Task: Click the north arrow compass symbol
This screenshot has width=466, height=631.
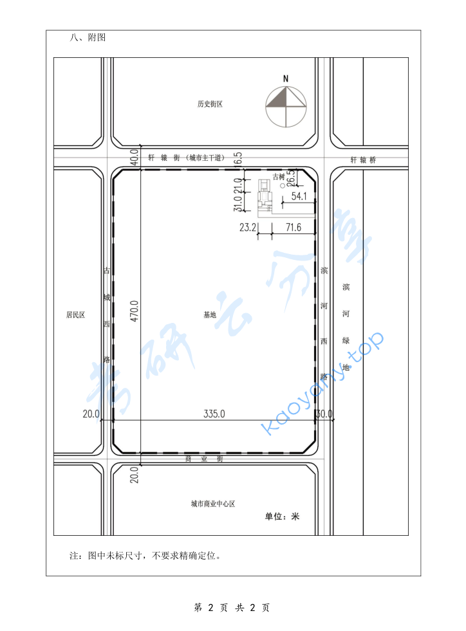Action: (x=286, y=106)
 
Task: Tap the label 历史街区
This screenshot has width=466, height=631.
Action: (x=210, y=104)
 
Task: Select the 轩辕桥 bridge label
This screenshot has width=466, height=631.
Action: (x=363, y=160)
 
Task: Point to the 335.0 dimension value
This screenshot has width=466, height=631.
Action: (x=214, y=414)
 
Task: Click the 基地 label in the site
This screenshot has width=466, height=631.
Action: (x=210, y=315)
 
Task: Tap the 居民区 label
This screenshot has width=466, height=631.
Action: (x=75, y=315)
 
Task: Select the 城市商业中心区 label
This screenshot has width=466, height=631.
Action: (x=212, y=504)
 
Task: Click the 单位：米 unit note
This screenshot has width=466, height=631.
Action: (x=283, y=517)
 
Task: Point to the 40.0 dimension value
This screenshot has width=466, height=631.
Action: (x=134, y=156)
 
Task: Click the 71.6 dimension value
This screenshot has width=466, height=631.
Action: (x=294, y=227)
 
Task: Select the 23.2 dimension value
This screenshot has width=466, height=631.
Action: (x=248, y=227)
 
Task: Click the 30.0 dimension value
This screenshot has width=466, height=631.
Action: (x=324, y=414)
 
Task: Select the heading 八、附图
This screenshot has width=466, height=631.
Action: (x=88, y=38)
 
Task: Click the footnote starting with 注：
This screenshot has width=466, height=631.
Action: (x=145, y=555)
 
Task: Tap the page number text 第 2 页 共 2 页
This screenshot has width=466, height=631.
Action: (x=232, y=608)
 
